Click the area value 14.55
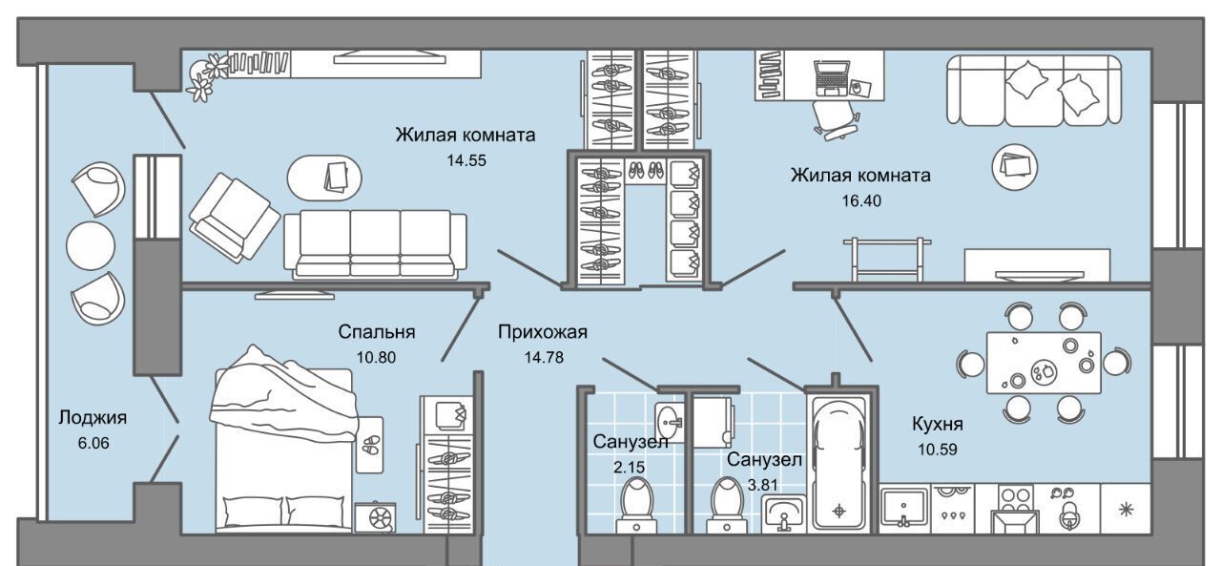[466, 160]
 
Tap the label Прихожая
[541, 332]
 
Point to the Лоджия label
[93, 417]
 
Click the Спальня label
[376, 332]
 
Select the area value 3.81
[762, 484]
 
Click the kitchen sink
[902, 507]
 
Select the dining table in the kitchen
[1043, 359]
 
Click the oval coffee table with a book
[326, 177]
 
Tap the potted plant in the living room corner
[205, 76]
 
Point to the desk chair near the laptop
[832, 117]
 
